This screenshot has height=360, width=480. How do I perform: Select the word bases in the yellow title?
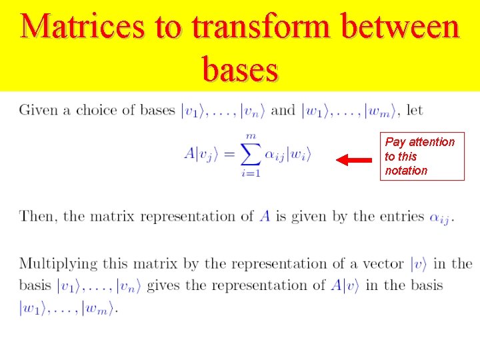[x=239, y=68]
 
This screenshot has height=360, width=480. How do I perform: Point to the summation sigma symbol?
[x=250, y=155]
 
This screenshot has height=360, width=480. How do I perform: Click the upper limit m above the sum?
[x=251, y=136]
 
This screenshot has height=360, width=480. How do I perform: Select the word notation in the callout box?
[x=406, y=171]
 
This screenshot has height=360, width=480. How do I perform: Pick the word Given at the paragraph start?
[x=38, y=110]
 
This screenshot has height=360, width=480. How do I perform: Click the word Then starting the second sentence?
[x=37, y=216]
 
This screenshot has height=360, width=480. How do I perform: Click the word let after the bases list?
[x=415, y=110]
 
